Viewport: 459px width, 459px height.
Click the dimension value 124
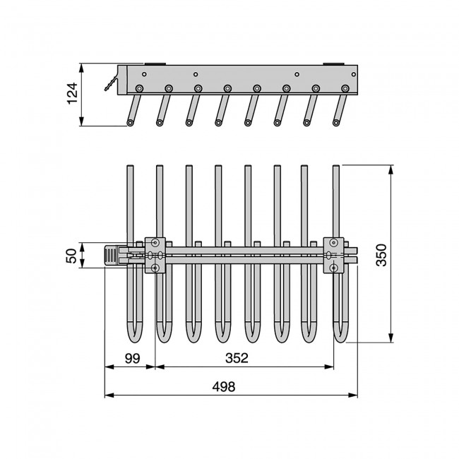72,93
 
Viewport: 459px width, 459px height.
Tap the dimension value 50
71,256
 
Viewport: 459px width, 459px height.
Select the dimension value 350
381,255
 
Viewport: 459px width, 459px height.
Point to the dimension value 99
132,358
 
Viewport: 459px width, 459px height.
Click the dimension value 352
237,358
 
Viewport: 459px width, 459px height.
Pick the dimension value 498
224,387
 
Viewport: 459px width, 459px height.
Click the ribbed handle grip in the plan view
111,256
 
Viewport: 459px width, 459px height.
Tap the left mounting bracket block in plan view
155,255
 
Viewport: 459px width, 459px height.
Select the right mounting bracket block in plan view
333,255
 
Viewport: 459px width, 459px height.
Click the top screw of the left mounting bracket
155,242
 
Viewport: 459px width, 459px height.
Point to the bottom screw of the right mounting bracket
333,268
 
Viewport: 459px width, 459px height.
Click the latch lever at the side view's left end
111,84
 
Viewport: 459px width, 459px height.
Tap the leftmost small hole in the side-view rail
144,74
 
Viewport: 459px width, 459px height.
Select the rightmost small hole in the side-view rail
354,74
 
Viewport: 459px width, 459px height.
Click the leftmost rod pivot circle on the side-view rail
139,88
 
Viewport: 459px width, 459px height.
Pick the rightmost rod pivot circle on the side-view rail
345,88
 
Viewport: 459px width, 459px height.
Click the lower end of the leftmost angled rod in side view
130,123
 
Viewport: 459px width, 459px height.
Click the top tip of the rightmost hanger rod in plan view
336,166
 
